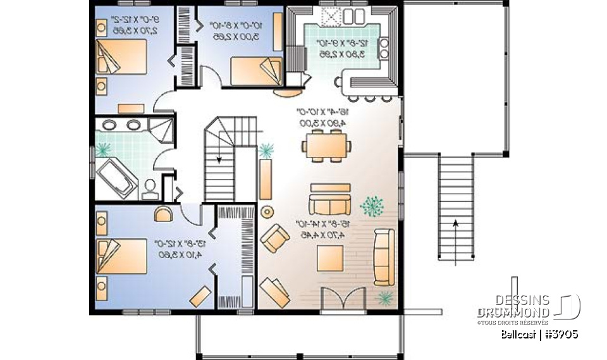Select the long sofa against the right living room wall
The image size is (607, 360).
pyautogui.click(x=383, y=256)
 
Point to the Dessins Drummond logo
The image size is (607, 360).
pyautogui.click(x=527, y=307)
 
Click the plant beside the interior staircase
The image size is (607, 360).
pyautogui.click(x=266, y=151)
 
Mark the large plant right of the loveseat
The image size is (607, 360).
pyautogui.click(x=372, y=205)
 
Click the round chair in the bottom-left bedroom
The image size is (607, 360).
pyautogui.click(x=164, y=212)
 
